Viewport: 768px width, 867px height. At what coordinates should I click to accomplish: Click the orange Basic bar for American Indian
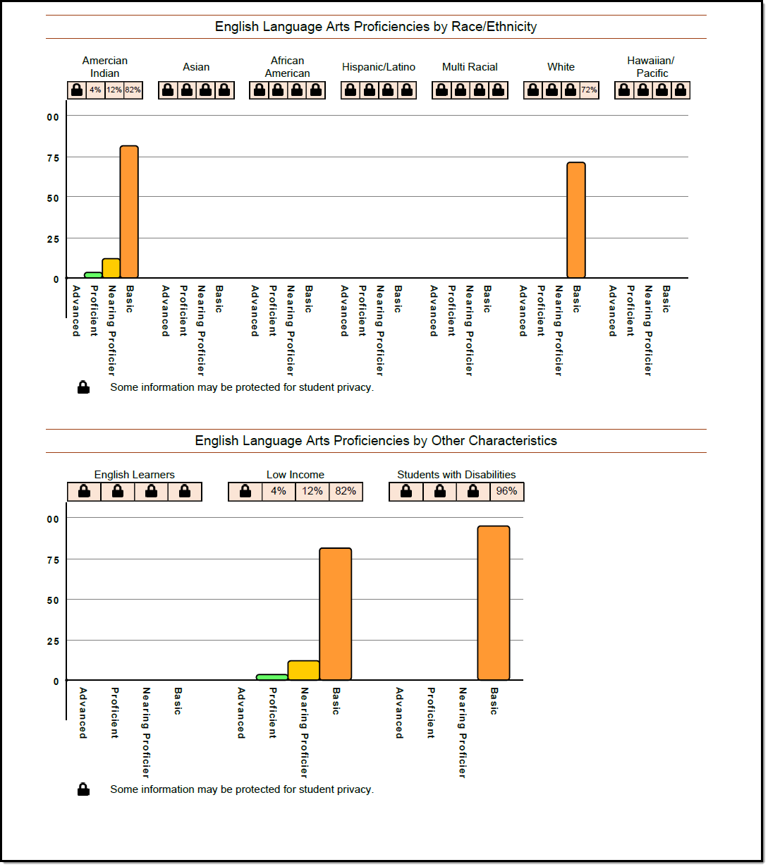pyautogui.click(x=129, y=212)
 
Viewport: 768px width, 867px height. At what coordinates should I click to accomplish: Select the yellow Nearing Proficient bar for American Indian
pyautogui.click(x=111, y=269)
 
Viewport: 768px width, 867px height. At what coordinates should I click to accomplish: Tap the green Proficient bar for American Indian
pyautogui.click(x=93, y=275)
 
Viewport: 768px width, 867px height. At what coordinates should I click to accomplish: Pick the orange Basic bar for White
pyautogui.click(x=576, y=220)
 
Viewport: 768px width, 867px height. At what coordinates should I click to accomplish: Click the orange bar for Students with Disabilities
pyautogui.click(x=494, y=603)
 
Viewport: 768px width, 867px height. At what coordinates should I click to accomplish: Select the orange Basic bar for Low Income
pyautogui.click(x=336, y=614)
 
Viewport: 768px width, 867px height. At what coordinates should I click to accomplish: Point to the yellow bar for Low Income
pyautogui.click(x=304, y=671)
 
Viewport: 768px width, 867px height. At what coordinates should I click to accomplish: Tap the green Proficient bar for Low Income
pyautogui.click(x=272, y=677)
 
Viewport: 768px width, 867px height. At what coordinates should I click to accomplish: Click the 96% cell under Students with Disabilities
pyautogui.click(x=507, y=492)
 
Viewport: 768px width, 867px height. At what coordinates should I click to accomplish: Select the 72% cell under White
pyautogui.click(x=589, y=90)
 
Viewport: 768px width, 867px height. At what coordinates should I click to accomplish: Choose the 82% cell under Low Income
pyautogui.click(x=346, y=492)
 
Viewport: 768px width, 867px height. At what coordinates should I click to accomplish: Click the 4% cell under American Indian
pyautogui.click(x=95, y=90)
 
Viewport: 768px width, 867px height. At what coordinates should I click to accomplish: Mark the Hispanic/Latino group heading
pyautogui.click(x=379, y=67)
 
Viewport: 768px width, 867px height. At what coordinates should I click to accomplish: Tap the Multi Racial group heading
pyautogui.click(x=470, y=67)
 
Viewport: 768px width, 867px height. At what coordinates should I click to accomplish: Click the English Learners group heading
pyautogui.click(x=134, y=475)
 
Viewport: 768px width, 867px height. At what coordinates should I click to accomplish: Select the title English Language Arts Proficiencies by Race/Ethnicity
pyautogui.click(x=376, y=27)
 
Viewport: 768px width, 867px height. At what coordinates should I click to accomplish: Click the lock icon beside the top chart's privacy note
pyautogui.click(x=83, y=387)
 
